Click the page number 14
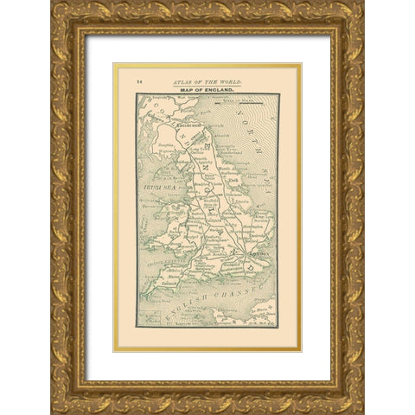[x=138, y=80]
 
